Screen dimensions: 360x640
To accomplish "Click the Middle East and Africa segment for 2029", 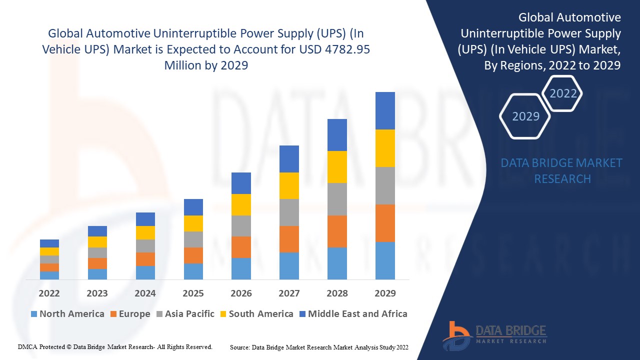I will tap(385, 110).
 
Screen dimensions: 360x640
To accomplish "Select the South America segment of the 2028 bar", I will tap(337, 167).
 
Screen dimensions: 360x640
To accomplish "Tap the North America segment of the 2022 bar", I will tap(49, 275).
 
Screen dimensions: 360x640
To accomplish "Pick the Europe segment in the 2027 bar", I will tap(289, 239).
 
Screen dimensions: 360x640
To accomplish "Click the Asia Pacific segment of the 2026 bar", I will tap(241, 226).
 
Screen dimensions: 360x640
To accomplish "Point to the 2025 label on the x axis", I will tap(193, 293).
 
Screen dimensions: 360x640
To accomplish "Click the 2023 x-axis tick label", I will tap(97, 293).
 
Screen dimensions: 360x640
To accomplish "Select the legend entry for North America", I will tap(67, 314).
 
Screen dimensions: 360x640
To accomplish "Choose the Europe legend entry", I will tap(129, 314).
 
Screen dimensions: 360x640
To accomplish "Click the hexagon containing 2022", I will tap(563, 93).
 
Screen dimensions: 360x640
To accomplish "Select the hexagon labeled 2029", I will tap(525, 116).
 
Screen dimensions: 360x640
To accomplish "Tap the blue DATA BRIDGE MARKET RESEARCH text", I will tap(561, 170).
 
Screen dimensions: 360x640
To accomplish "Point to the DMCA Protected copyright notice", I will tap(115, 346).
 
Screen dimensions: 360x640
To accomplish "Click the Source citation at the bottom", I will tap(319, 347).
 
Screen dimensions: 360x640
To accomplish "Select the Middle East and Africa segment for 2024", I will tap(145, 219).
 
